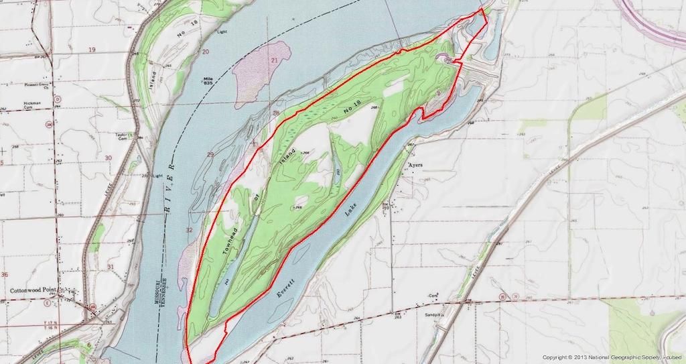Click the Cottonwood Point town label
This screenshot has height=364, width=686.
click(38, 290)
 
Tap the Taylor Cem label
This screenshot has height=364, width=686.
click(122, 135)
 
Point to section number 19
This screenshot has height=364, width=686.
click(92, 50)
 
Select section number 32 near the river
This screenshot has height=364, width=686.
click(189, 229)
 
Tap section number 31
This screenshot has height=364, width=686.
click(110, 267)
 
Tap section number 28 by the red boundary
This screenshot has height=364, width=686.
click(275, 113)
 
